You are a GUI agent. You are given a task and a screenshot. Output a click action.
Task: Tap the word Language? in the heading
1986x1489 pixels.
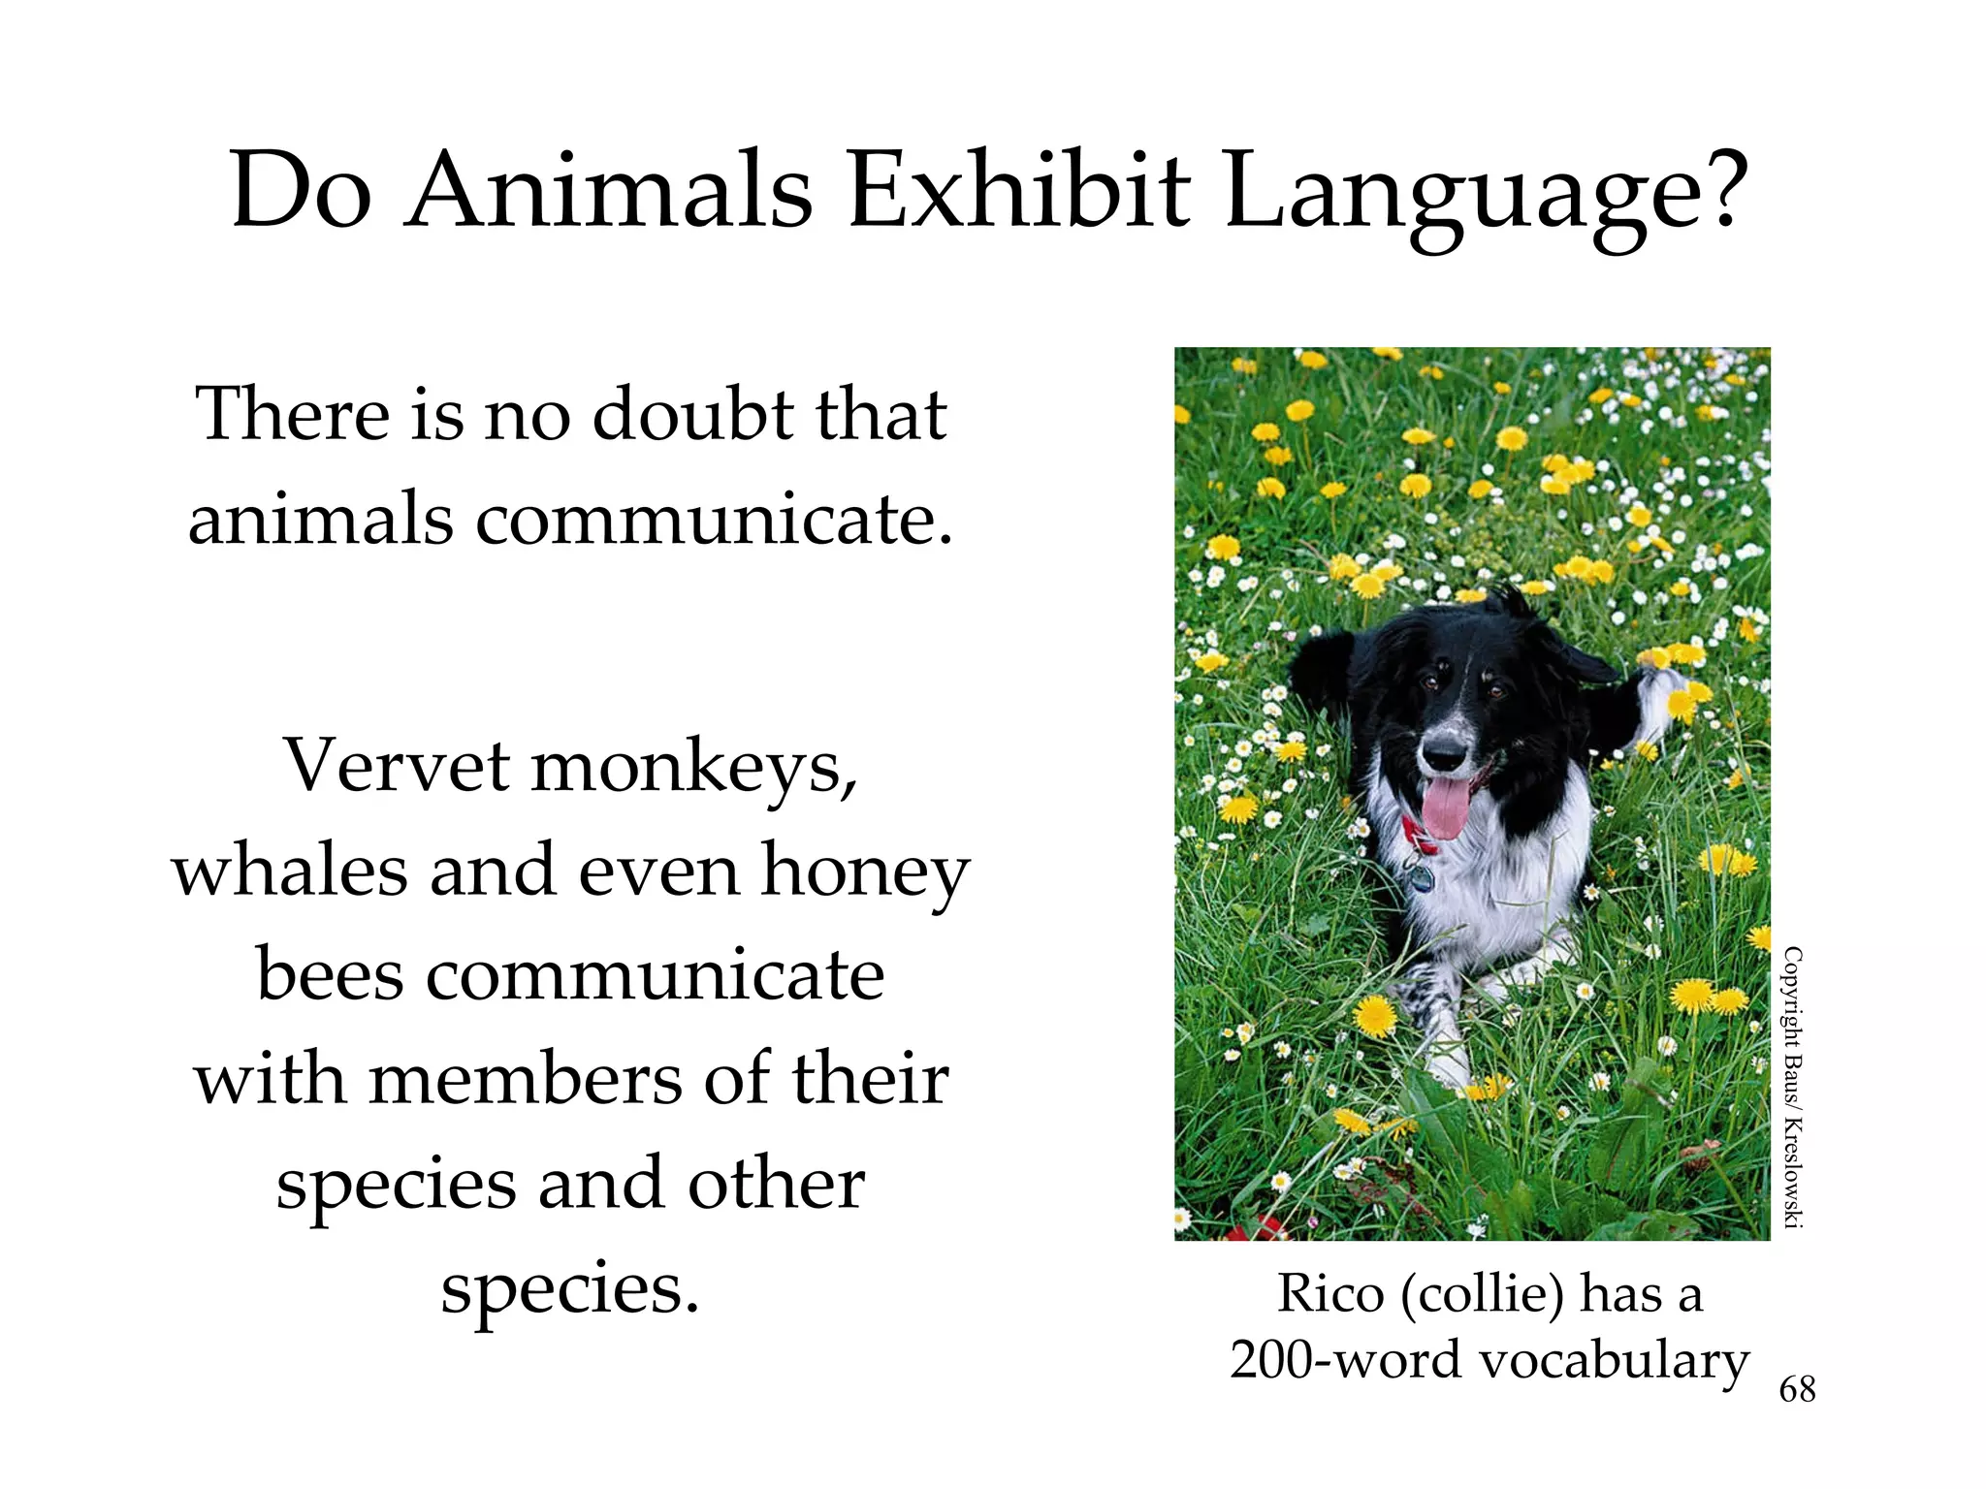click(1486, 194)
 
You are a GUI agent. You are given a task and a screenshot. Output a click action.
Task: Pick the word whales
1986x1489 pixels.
click(290, 871)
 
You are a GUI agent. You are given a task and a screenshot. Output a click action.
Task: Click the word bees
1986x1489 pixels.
click(330, 975)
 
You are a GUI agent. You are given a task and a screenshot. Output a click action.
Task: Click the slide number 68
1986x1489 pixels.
click(1797, 1390)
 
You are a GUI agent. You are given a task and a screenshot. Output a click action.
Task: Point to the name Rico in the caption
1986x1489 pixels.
click(1329, 1294)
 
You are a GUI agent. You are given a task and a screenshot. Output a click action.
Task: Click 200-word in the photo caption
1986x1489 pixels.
click(1345, 1360)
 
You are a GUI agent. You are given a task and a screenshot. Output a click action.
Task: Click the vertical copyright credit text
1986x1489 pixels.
click(1793, 1087)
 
